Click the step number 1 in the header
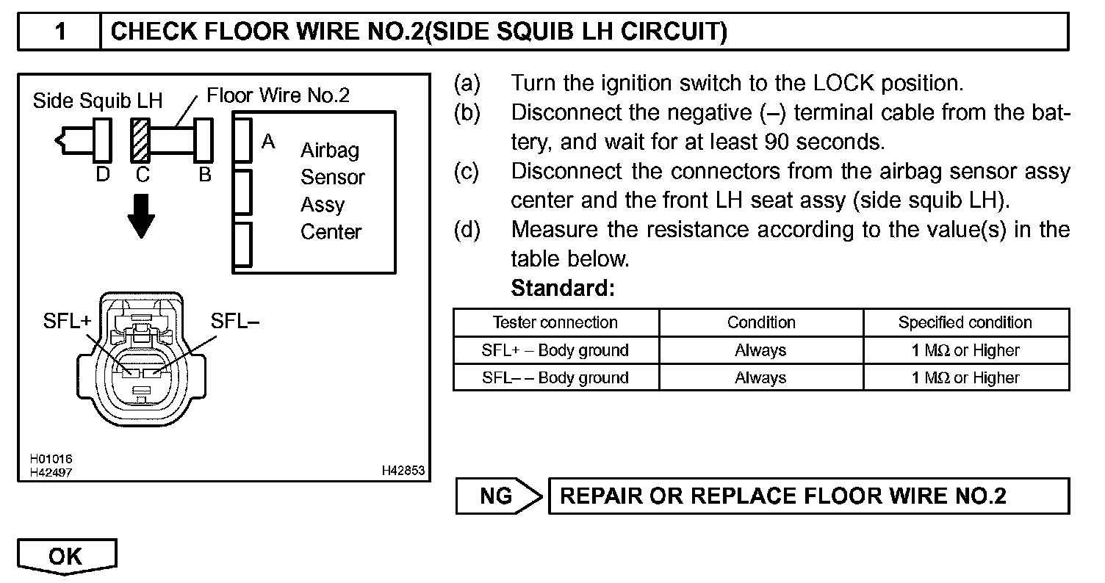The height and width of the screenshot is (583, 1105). coord(61,32)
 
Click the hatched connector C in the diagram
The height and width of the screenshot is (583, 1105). coord(140,139)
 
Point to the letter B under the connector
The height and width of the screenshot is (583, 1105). coord(205,175)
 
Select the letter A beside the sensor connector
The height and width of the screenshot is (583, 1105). coord(269,141)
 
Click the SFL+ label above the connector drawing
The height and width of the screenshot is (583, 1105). coord(66,322)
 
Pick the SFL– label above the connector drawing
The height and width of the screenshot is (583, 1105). coord(234,321)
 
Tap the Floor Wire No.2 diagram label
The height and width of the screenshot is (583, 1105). coord(278,95)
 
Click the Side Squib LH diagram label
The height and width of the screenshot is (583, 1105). coord(98,101)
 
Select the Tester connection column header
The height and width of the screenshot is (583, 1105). coord(555,322)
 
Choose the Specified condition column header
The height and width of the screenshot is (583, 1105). coord(965,322)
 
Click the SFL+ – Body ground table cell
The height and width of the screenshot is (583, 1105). coord(555,350)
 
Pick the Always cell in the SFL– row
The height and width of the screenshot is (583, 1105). coord(760,378)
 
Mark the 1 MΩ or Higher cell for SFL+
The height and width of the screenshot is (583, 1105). coord(965,350)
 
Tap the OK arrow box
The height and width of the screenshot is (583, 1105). coord(66,557)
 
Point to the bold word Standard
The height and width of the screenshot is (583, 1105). coord(562,289)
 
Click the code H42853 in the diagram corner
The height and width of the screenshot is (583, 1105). coord(403,470)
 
